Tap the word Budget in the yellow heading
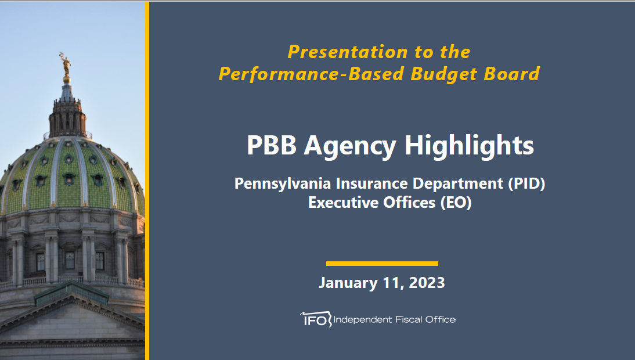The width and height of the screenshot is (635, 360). click(444, 74)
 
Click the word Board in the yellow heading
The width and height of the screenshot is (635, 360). click(511, 74)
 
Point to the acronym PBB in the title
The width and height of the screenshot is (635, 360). click(271, 145)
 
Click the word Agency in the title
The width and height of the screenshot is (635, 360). click(350, 146)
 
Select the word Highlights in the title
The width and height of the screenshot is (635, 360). click(470, 146)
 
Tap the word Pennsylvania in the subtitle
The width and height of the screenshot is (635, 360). click(283, 184)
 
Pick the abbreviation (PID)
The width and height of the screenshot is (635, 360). click(526, 184)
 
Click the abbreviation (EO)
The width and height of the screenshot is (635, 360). click(456, 203)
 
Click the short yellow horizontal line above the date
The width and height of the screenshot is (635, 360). click(382, 264)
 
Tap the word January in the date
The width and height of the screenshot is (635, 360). click(348, 283)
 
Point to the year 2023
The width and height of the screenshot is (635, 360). click(427, 283)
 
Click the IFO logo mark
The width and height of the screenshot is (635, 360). click(316, 319)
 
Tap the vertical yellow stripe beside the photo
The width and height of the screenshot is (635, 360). click(147, 181)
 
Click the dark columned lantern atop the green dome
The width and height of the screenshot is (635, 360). click(67, 117)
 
